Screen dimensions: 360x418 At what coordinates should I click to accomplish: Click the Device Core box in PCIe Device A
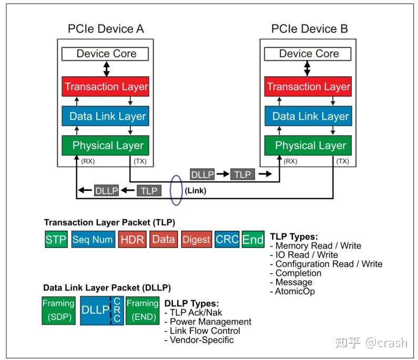pyautogui.click(x=106, y=54)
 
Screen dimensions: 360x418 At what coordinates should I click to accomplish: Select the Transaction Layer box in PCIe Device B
pyautogui.click(x=308, y=87)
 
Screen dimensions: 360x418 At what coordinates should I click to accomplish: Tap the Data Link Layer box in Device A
pyautogui.click(x=106, y=116)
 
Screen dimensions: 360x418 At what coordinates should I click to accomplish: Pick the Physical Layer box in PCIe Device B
pyautogui.click(x=308, y=146)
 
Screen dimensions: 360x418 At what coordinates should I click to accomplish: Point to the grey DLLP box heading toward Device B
pyautogui.click(x=202, y=174)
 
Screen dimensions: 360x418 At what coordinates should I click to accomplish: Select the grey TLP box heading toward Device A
pyautogui.click(x=149, y=190)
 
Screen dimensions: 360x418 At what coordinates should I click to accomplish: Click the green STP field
pyautogui.click(x=56, y=240)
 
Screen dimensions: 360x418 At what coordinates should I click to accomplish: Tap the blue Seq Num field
pyautogui.click(x=93, y=240)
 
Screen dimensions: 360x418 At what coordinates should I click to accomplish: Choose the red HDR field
pyautogui.click(x=132, y=240)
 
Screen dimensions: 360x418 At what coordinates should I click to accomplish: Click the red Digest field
pyautogui.click(x=196, y=240)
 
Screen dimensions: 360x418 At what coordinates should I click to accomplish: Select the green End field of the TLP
pyautogui.click(x=253, y=240)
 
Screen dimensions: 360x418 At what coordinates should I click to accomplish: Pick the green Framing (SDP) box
pyautogui.click(x=59, y=311)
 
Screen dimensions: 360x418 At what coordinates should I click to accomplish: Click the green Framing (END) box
pyautogui.click(x=142, y=311)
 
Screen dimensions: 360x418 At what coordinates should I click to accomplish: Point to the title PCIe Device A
pyautogui.click(x=106, y=29)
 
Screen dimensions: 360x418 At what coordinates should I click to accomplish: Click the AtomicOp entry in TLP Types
pyautogui.click(x=294, y=291)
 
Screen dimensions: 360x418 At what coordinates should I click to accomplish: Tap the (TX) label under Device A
pyautogui.click(x=140, y=161)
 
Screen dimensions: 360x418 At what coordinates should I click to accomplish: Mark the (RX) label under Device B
pyautogui.click(x=290, y=161)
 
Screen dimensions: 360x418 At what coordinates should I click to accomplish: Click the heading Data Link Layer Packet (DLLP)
pyautogui.click(x=107, y=288)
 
